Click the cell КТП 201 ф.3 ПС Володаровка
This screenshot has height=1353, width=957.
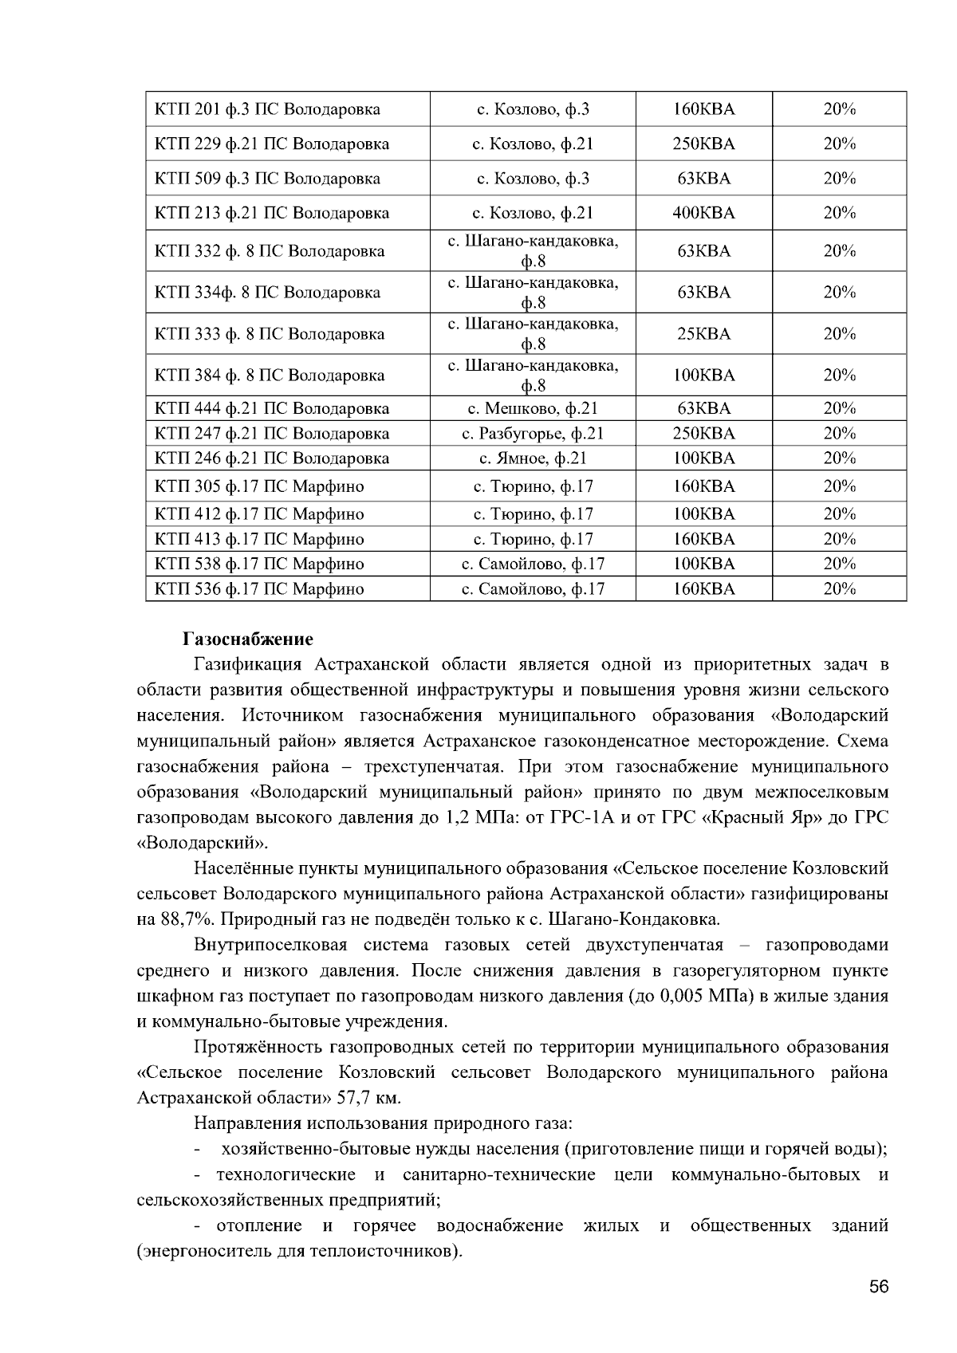[x=267, y=109]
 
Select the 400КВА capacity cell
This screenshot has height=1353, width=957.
[x=703, y=213]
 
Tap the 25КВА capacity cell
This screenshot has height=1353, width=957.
[x=703, y=334]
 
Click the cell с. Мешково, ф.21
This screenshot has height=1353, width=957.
[x=533, y=409]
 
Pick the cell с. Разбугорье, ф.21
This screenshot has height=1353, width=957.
[x=533, y=434]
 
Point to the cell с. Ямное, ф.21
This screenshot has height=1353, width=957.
[x=533, y=458]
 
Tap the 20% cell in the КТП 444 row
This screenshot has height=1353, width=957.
[x=839, y=409]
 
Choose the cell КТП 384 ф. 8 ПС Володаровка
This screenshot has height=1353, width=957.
[x=270, y=376]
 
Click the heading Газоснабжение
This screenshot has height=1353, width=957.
[x=248, y=639]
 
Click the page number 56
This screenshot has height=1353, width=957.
[x=879, y=1288]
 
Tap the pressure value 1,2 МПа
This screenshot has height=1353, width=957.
[x=475, y=818]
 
